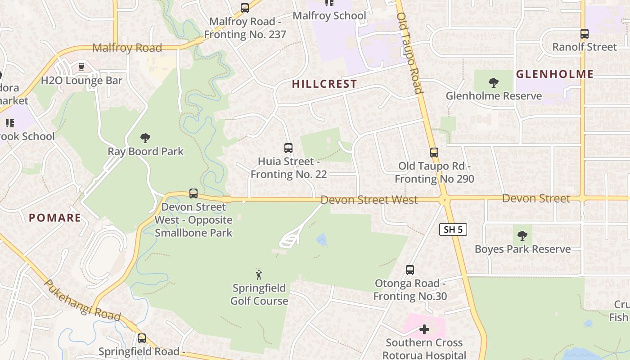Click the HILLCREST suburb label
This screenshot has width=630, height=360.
tap(324, 84)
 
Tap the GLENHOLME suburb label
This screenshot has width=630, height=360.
tap(554, 74)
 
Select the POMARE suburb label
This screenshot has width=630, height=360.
tap(55, 218)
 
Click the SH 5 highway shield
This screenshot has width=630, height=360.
tap(453, 229)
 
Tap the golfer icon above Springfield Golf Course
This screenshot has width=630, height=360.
tap(259, 274)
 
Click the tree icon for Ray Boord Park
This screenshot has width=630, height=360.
tap(145, 138)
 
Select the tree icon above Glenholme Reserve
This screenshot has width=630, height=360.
tap(493, 82)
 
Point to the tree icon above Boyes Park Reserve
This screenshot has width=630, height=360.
tap(522, 235)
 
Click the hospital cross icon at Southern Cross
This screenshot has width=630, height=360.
tap(424, 330)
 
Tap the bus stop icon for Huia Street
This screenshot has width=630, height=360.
tap(288, 148)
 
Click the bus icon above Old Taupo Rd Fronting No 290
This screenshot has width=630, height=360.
tap(434, 152)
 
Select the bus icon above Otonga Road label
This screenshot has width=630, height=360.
tap(409, 270)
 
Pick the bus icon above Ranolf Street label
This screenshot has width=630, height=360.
tap(584, 33)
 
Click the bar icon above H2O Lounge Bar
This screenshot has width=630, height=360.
tap(81, 67)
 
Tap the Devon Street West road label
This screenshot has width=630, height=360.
tap(369, 199)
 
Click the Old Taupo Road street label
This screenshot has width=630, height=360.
tap(409, 53)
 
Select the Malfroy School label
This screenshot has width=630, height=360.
tap(329, 16)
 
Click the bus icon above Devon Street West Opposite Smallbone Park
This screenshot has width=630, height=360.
tap(193, 193)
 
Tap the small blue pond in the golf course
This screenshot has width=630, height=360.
tap(322, 239)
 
